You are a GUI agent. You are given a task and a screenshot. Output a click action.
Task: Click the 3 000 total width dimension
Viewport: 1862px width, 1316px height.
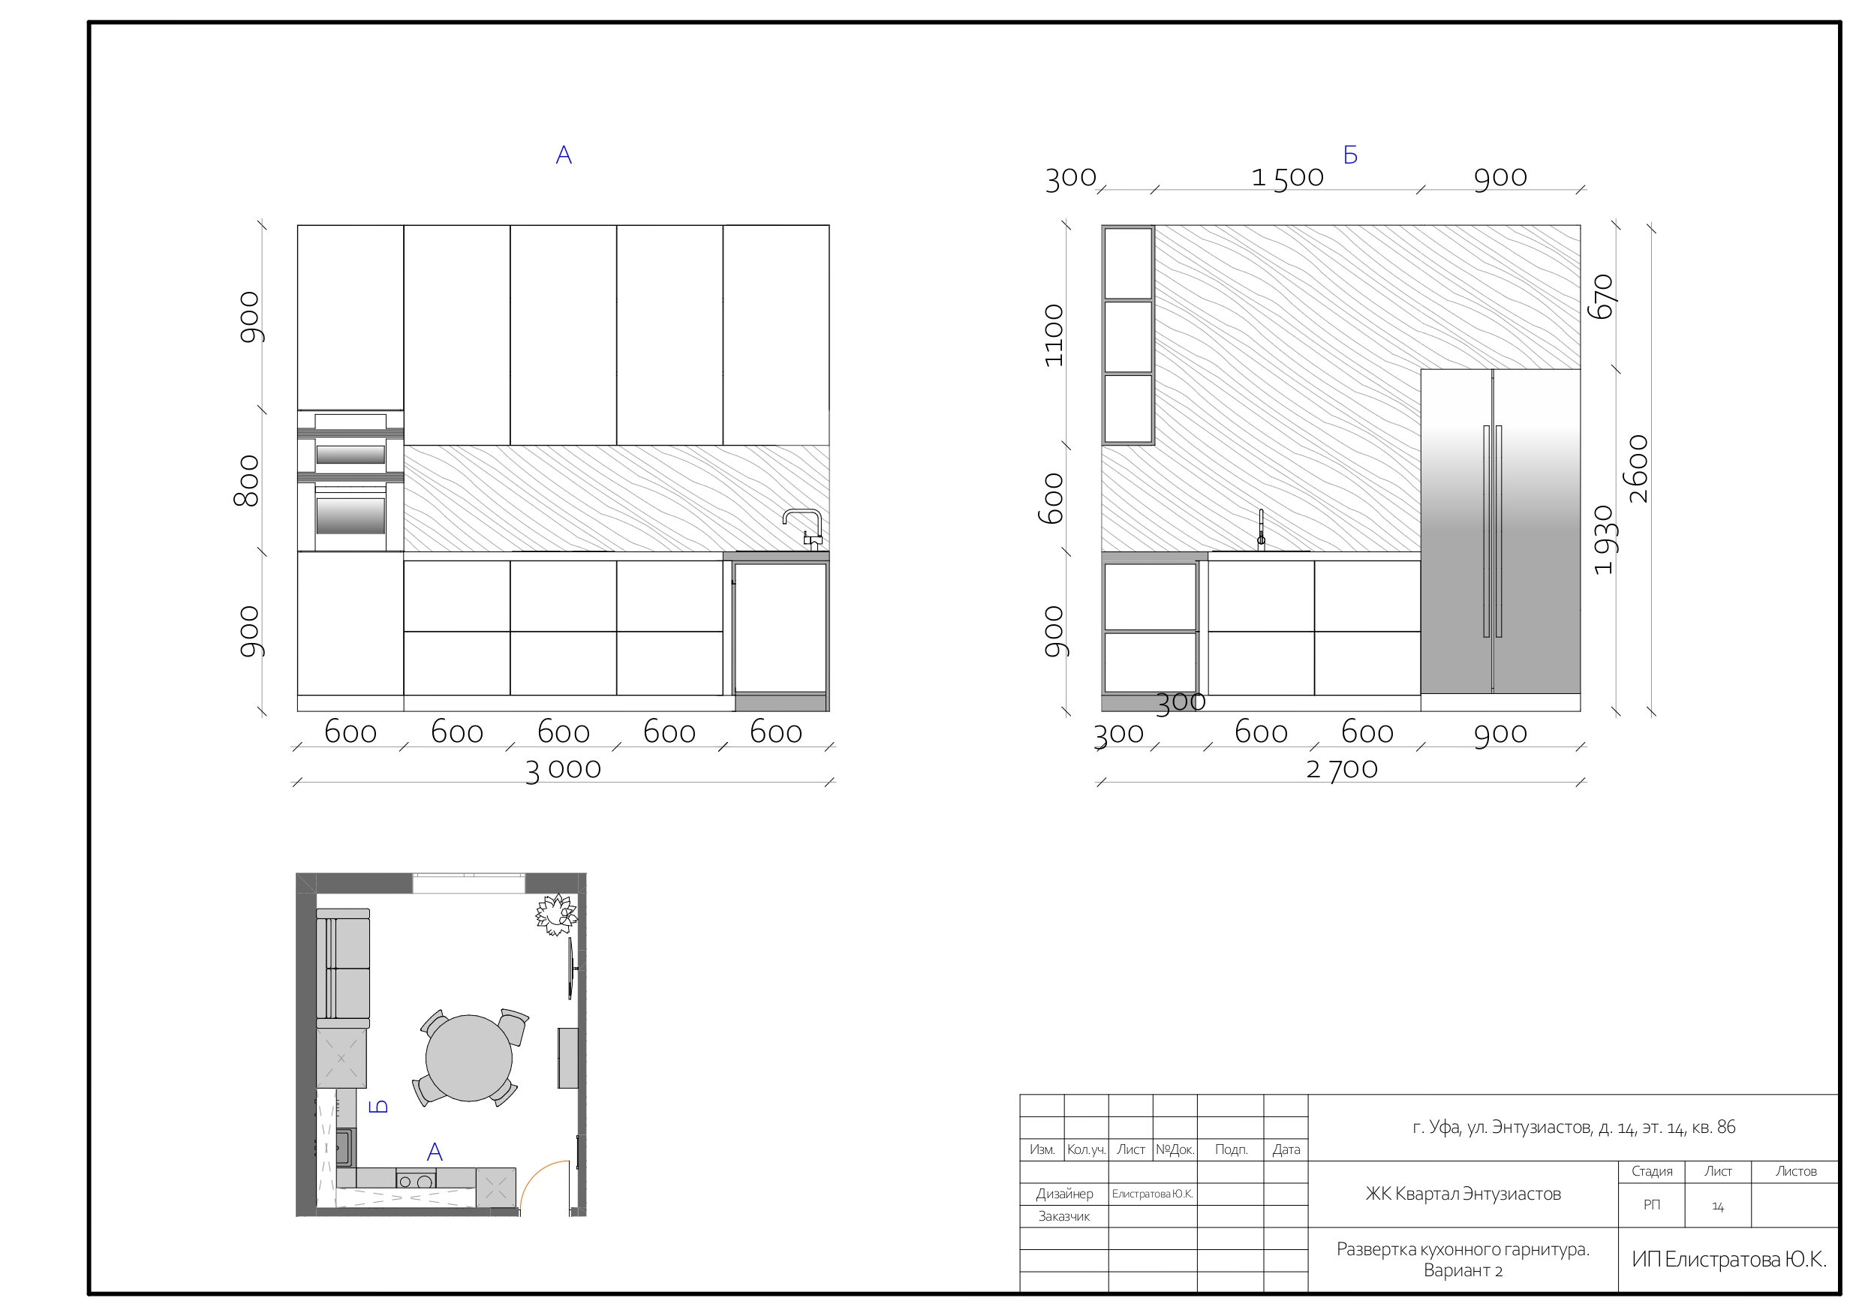tap(563, 770)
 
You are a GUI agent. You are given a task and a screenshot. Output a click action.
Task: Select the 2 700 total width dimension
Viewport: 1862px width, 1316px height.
tap(1341, 770)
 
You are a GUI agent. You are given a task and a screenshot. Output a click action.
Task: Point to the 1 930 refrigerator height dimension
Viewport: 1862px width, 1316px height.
tap(1604, 540)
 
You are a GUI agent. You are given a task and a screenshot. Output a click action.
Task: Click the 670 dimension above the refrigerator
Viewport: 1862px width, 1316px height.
tap(1603, 297)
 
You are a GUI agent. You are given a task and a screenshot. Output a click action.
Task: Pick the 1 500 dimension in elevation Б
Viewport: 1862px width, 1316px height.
tap(1287, 178)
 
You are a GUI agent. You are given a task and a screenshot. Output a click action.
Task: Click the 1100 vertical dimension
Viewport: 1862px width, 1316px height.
tap(1053, 335)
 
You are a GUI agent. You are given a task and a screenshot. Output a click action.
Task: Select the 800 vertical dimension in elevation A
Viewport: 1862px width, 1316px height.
tap(246, 481)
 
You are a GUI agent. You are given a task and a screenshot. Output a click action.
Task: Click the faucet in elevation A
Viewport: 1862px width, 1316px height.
tap(804, 530)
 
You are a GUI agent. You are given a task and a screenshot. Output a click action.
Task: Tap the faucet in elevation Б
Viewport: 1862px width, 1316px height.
tap(1260, 530)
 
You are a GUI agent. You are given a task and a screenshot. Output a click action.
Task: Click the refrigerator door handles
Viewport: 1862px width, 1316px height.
tap(1492, 531)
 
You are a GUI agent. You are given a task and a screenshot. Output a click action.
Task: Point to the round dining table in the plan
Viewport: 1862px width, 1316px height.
tap(469, 1058)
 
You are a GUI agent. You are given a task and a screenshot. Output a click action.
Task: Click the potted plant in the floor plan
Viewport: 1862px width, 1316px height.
tap(556, 914)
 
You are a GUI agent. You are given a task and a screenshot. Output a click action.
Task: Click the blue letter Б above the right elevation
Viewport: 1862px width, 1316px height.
tap(1350, 155)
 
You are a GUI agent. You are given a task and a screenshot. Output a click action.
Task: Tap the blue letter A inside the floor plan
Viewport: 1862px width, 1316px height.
tap(435, 1152)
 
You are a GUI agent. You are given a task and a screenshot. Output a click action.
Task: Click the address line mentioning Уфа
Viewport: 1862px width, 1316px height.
tap(1573, 1127)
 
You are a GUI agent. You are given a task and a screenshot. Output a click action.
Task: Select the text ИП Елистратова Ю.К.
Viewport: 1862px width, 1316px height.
tap(1729, 1259)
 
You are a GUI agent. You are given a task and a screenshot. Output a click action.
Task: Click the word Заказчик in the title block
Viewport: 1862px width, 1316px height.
tap(1064, 1216)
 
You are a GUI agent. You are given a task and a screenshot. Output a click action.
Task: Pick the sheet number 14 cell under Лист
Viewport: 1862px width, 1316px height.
tap(1718, 1206)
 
